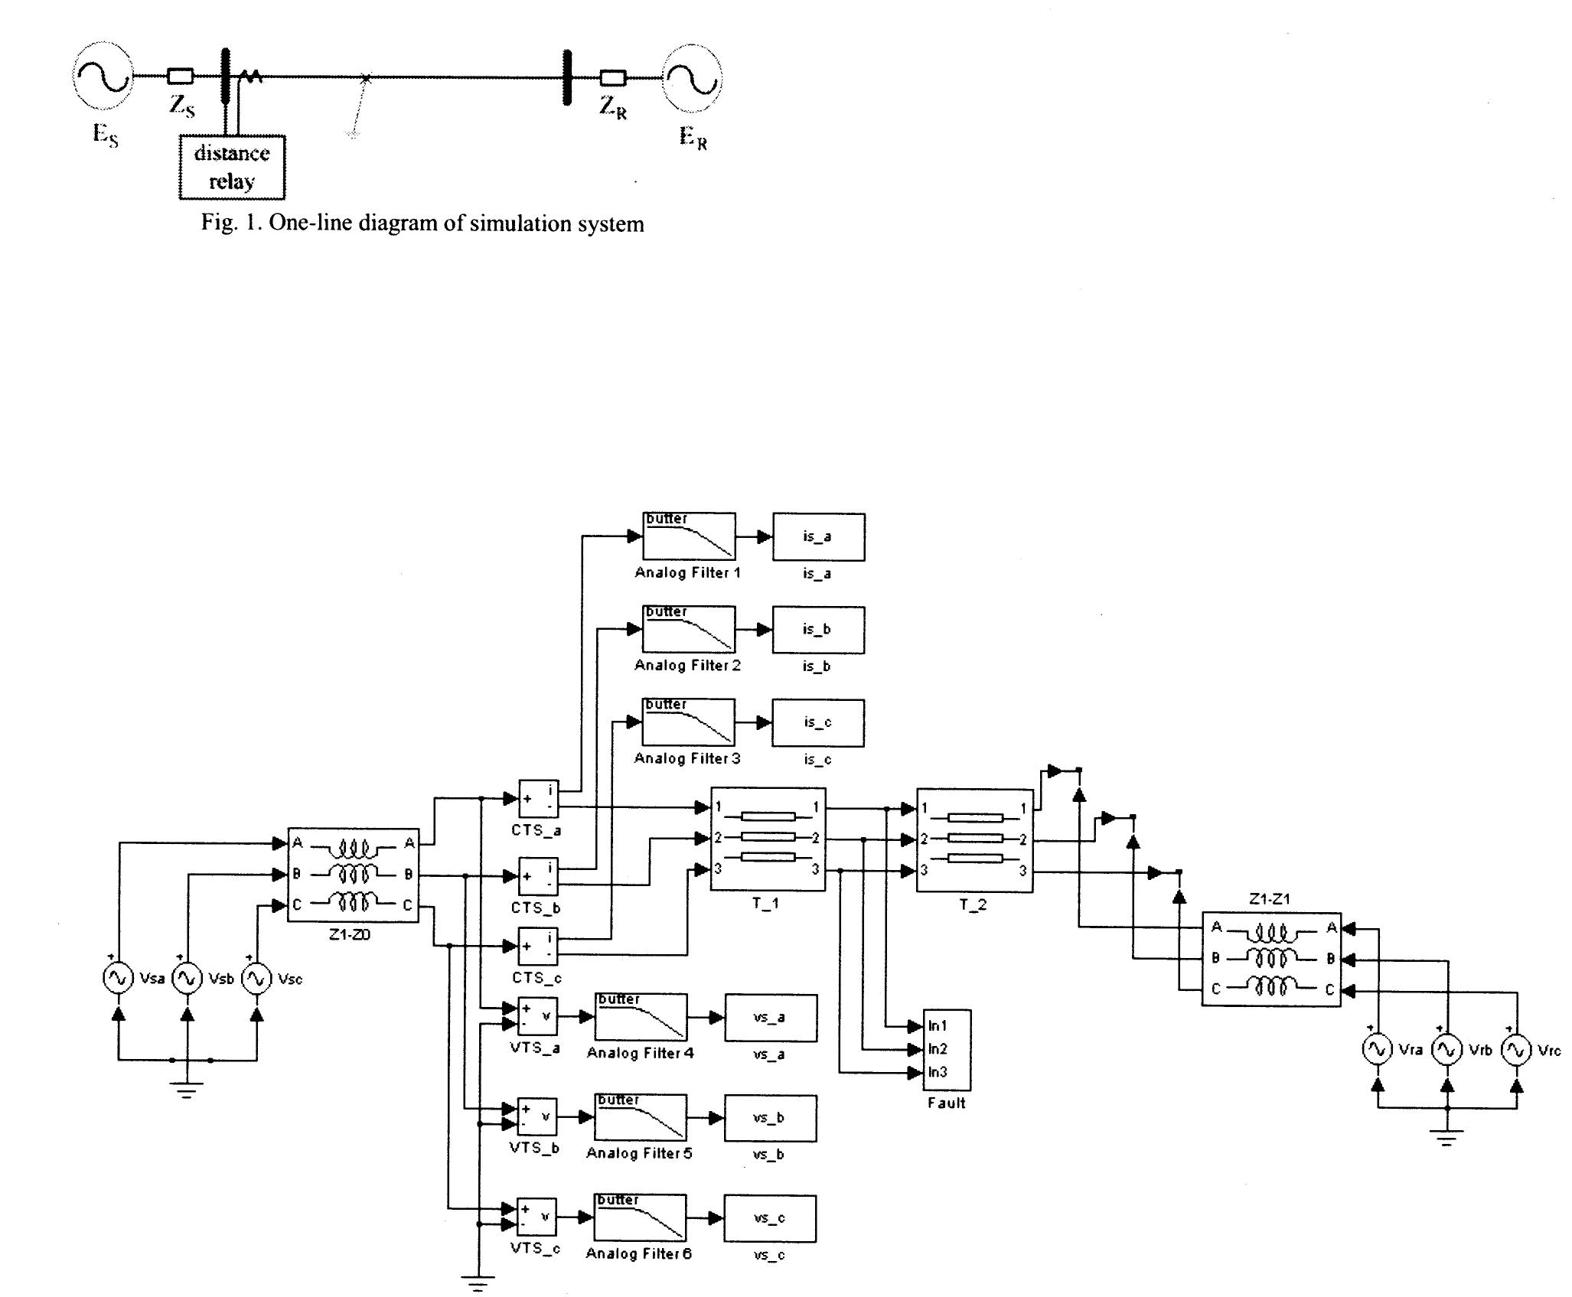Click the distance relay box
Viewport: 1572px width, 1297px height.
[232, 167]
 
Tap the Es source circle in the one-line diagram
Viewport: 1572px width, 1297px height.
[102, 77]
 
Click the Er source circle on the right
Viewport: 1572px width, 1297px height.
[691, 77]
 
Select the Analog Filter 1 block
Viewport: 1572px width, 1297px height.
[689, 536]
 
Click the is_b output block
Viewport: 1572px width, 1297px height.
[818, 630]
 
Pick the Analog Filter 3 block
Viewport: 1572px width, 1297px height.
[688, 722]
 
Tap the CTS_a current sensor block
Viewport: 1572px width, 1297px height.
[539, 800]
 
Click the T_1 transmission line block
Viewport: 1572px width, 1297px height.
[768, 839]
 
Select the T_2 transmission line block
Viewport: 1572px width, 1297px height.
[974, 840]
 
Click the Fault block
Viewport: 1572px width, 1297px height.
[947, 1049]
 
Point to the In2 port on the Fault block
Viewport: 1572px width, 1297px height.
[938, 1049]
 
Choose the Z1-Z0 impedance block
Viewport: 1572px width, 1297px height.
[353, 875]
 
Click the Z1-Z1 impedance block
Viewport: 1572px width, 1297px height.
[1271, 959]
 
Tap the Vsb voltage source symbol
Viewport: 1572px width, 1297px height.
[187, 979]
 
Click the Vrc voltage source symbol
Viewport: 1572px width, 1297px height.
[1516, 1050]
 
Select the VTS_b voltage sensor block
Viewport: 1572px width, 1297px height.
[537, 1117]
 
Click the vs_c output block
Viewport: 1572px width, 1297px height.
[770, 1218]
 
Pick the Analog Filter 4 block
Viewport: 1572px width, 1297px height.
[641, 1017]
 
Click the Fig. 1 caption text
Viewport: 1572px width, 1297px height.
[422, 223]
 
